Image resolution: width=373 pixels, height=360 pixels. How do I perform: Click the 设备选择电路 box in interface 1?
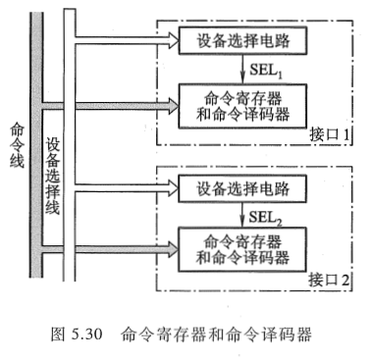[x=242, y=41]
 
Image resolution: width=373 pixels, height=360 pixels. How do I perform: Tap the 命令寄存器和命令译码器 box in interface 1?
[x=242, y=103]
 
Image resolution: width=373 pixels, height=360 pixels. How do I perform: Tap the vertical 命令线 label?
[x=16, y=142]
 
